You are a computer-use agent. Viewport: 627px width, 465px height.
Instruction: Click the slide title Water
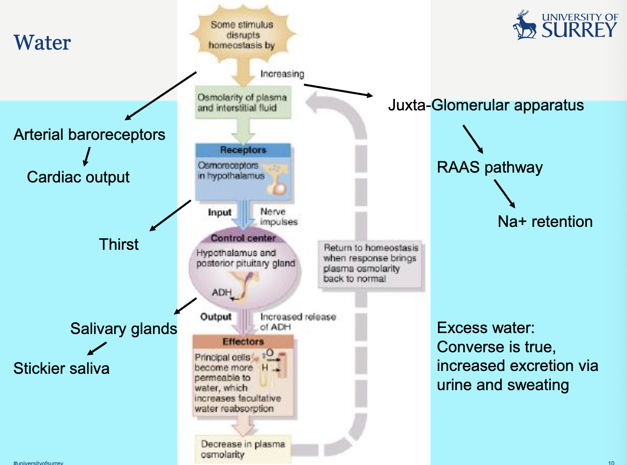[x=42, y=43]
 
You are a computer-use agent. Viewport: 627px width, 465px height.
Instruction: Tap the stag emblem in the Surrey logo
[x=525, y=26]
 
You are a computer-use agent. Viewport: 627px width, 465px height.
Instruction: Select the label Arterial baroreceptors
[x=89, y=135]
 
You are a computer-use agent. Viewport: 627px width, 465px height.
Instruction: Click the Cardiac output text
[x=78, y=177]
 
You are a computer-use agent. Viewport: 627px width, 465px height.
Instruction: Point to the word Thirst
[x=119, y=244]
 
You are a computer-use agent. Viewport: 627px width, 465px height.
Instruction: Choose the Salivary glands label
[x=124, y=329]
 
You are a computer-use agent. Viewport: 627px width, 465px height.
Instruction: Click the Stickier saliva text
[x=61, y=369]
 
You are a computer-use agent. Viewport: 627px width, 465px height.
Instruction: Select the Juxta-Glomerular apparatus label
[x=486, y=105]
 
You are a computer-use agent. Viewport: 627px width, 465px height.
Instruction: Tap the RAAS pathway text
[x=489, y=167]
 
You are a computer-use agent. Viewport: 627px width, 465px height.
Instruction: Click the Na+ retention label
[x=545, y=222]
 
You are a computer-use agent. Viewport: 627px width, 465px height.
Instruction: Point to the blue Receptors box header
[x=243, y=150]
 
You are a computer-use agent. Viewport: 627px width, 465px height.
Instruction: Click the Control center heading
[x=243, y=238]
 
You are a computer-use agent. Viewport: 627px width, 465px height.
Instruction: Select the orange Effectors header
[x=243, y=341]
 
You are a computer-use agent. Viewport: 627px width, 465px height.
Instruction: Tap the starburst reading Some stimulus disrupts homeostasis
[x=242, y=35]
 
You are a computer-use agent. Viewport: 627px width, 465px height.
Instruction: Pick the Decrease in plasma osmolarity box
[x=242, y=449]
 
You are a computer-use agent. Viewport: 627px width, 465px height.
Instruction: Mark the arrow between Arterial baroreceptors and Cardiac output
[x=87, y=157]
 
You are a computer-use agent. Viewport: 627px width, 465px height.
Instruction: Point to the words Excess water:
[x=485, y=328]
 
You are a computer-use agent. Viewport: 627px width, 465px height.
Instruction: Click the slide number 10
[x=611, y=463]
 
